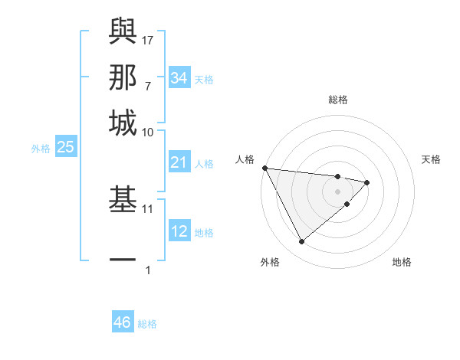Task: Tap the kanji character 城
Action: (x=123, y=123)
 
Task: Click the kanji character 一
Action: (x=123, y=260)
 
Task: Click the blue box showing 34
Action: (x=179, y=78)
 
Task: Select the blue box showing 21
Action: (x=179, y=162)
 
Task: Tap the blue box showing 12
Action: (x=179, y=231)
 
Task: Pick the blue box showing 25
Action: (x=65, y=147)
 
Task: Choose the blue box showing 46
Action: (x=123, y=322)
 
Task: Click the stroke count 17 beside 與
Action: (x=148, y=38)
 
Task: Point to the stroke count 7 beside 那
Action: (x=147, y=86)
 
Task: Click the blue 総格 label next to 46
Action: (x=147, y=324)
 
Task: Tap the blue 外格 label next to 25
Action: (x=41, y=149)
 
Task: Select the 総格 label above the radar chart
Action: (x=337, y=100)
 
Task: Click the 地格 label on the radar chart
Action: (x=402, y=262)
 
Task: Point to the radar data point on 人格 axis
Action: (x=264, y=168)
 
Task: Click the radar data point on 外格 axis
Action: (x=301, y=242)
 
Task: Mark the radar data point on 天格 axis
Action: (x=367, y=182)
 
